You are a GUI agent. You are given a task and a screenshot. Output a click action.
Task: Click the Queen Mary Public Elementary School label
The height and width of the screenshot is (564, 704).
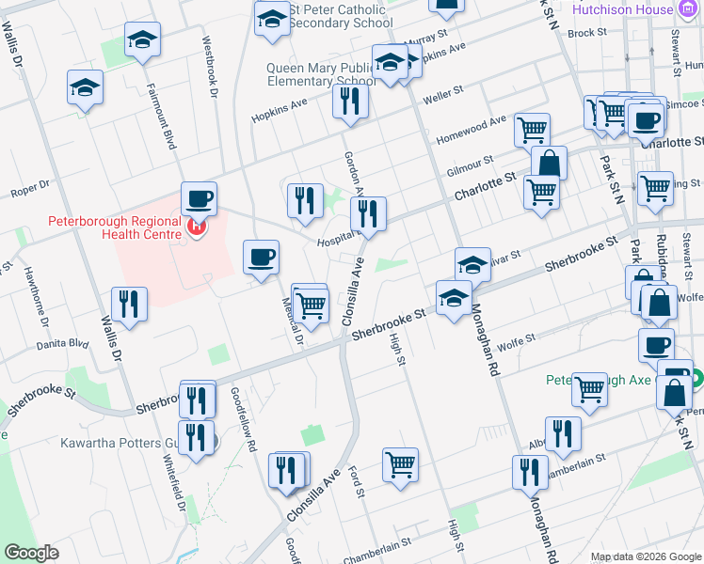[x=323, y=74]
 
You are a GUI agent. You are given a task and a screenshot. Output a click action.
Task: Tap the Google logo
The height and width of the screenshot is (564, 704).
[x=32, y=553]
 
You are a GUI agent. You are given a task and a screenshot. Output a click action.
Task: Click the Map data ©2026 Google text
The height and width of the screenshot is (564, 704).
[x=647, y=556]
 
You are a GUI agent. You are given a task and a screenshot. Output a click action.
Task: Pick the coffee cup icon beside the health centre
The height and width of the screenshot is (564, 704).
[x=199, y=198]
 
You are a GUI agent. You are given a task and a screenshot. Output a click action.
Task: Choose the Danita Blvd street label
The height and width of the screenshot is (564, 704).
[x=65, y=344]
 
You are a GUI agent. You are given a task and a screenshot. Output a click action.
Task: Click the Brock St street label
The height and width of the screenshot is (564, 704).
[x=587, y=32]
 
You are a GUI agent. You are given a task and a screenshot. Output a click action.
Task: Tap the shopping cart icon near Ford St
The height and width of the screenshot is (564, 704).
[x=400, y=463]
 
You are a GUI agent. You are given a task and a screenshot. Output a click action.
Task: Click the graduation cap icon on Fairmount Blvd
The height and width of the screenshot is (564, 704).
[x=142, y=39]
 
